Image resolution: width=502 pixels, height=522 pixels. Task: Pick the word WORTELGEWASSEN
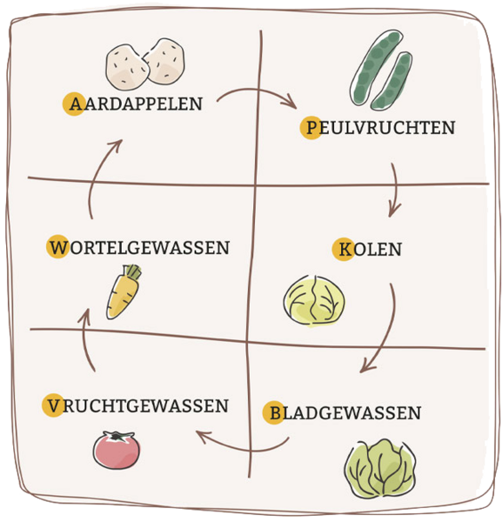tap(138, 247)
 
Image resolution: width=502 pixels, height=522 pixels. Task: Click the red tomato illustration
tap(117, 450)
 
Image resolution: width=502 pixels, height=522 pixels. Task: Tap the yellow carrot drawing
tap(124, 292)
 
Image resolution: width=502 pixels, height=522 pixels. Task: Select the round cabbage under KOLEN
tap(314, 301)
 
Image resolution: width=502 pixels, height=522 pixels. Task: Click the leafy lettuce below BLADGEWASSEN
tap(380, 469)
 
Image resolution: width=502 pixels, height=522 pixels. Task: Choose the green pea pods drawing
tap(381, 70)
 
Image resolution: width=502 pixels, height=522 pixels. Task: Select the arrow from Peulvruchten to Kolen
tap(397, 190)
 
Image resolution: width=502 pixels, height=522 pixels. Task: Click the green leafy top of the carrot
tap(133, 271)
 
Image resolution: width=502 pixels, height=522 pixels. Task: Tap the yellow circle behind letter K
tap(343, 250)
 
